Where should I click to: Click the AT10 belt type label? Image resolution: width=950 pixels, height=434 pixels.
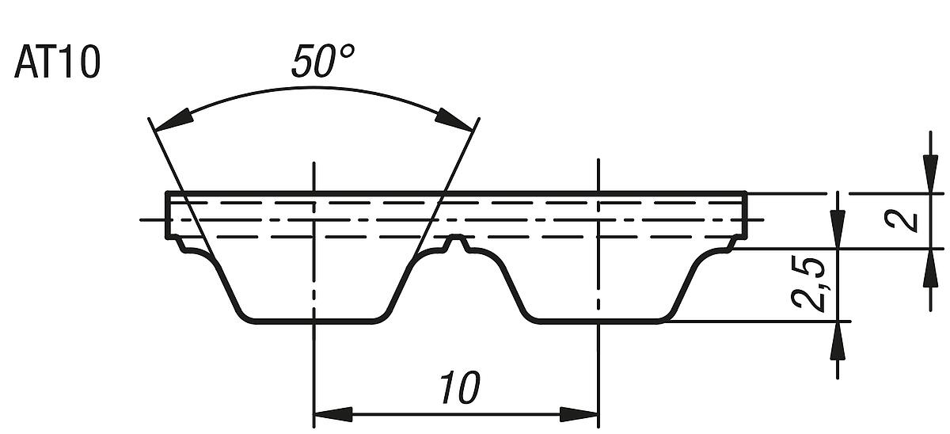(57, 64)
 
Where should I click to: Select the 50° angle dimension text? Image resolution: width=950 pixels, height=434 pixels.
(322, 62)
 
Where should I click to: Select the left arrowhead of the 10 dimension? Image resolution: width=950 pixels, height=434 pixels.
(332, 414)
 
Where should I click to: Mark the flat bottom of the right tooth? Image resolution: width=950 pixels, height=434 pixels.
(598, 322)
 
